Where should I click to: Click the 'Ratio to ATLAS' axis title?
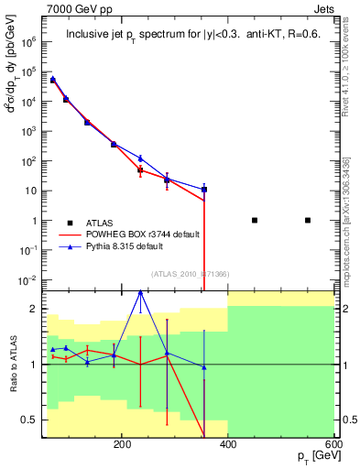click(x=13, y=364)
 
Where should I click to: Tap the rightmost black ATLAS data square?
click(x=308, y=220)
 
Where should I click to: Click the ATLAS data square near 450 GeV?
click(x=255, y=220)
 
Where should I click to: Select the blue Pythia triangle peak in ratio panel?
click(x=140, y=292)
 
